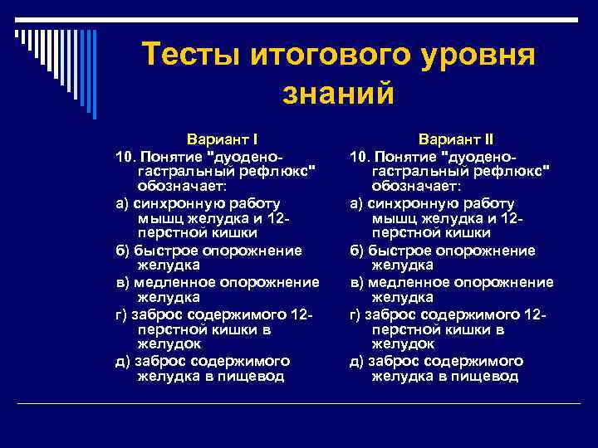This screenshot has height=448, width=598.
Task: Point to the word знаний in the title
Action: [x=338, y=94]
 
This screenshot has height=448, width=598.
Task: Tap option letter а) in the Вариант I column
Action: [x=122, y=202]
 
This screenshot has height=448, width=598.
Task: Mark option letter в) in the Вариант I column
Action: [x=122, y=281]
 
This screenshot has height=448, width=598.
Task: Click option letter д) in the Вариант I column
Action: [x=122, y=360]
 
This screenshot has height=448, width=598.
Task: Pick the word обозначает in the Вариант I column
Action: [x=175, y=187]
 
